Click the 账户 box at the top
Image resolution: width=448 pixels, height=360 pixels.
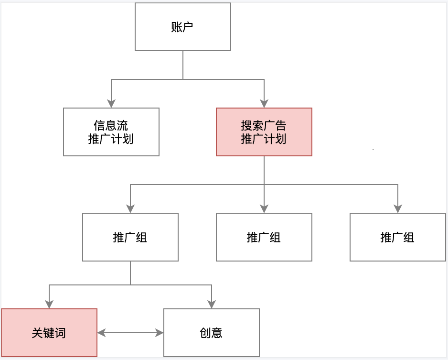pyautogui.click(x=183, y=27)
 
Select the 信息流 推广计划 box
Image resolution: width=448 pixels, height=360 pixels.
pyautogui.click(x=111, y=132)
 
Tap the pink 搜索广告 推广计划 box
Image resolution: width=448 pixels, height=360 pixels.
pyautogui.click(x=264, y=132)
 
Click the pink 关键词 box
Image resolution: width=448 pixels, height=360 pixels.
pyautogui.click(x=49, y=333)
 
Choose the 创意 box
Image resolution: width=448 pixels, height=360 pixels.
pyautogui.click(x=212, y=333)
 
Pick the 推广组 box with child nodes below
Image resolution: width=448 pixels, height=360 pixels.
pyautogui.click(x=130, y=237)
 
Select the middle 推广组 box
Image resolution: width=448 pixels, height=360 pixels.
pyautogui.click(x=264, y=237)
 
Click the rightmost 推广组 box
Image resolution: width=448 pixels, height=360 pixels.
pyautogui.click(x=398, y=237)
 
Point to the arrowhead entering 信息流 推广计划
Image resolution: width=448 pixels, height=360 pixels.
pyautogui.click(x=111, y=103)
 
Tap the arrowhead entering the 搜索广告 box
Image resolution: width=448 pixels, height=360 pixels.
pyautogui.click(x=264, y=103)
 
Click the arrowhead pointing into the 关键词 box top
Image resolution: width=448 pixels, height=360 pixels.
pyautogui.click(x=49, y=304)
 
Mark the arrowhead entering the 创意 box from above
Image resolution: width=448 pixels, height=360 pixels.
pyautogui.click(x=212, y=304)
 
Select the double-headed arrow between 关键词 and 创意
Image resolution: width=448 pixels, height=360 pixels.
pyautogui.click(x=130, y=333)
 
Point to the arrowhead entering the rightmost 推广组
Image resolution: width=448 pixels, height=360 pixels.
pyautogui.click(x=398, y=208)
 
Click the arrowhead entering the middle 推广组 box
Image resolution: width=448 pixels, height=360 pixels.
pyautogui.click(x=264, y=208)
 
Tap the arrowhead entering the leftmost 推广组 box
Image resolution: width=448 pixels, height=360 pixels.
pyautogui.click(x=130, y=208)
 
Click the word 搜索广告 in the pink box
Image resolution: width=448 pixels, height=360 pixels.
pyautogui.click(x=264, y=126)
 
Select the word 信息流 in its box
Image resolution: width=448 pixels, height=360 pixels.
pyautogui.click(x=111, y=126)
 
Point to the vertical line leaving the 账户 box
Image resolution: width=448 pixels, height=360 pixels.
pyautogui.click(x=183, y=65)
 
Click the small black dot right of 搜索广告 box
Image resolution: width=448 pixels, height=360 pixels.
pyautogui.click(x=373, y=150)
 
